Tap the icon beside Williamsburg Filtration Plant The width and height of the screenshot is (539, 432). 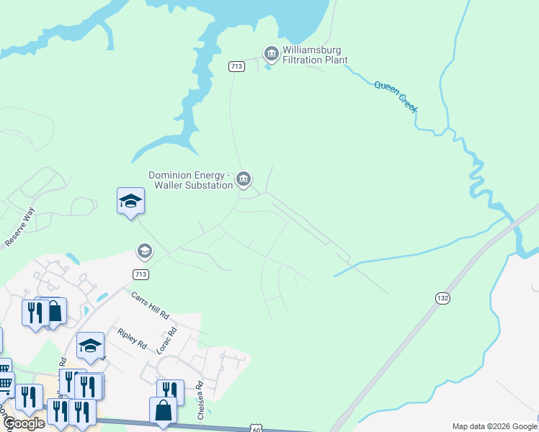click(271, 54)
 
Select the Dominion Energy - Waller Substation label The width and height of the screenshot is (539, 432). click(190, 180)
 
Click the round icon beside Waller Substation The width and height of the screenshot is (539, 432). click(244, 179)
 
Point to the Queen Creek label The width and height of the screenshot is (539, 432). click(396, 95)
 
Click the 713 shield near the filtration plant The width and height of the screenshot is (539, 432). click(237, 66)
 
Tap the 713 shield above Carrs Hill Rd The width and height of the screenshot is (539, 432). click(141, 274)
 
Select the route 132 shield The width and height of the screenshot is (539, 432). click(442, 297)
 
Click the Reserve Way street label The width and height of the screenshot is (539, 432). click(19, 228)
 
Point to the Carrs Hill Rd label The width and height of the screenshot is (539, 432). click(150, 305)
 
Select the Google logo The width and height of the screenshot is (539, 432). click(23, 423)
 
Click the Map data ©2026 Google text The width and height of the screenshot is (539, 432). click(494, 426)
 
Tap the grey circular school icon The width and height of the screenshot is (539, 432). click(144, 251)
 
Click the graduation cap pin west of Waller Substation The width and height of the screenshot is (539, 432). click(131, 201)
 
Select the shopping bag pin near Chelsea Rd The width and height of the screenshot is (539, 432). click(163, 410)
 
